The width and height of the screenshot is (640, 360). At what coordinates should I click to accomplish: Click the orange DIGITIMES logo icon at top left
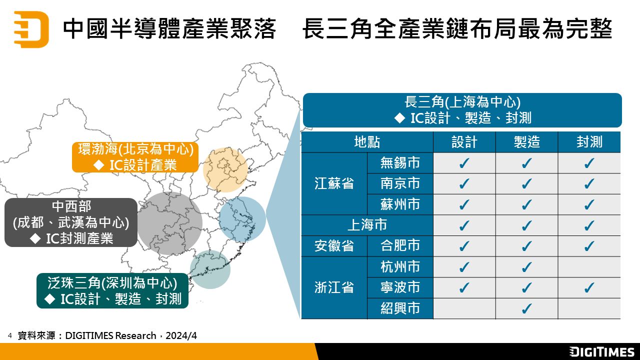pyautogui.click(x=31, y=29)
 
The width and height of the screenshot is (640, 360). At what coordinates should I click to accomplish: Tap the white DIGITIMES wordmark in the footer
pyautogui.click(x=601, y=351)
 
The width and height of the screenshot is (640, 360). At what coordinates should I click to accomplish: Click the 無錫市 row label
pyautogui.click(x=400, y=163)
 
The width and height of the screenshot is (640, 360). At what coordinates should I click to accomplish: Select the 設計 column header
pyautogui.click(x=464, y=142)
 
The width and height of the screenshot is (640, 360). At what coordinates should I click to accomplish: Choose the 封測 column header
pyautogui.click(x=589, y=142)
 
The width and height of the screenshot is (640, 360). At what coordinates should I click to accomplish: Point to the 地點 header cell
pyautogui.click(x=367, y=142)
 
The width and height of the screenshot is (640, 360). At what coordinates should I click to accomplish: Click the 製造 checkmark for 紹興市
pyautogui.click(x=526, y=308)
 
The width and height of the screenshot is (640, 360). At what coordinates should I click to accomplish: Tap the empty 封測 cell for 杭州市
pyautogui.click(x=589, y=267)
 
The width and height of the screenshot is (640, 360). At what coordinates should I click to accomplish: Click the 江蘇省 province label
pyautogui.click(x=334, y=183)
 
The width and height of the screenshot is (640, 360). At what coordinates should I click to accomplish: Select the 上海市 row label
pyautogui.click(x=367, y=225)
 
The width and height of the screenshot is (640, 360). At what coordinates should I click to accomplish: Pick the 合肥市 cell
pyautogui.click(x=400, y=245)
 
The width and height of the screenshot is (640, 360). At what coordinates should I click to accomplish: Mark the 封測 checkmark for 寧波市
pyautogui.click(x=589, y=287)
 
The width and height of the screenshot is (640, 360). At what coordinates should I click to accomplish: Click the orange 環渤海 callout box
pyautogui.click(x=135, y=157)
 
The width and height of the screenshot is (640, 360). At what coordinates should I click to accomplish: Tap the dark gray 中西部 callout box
pyautogui.click(x=71, y=222)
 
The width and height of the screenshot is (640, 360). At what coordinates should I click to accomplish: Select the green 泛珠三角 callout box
pyautogui.click(x=112, y=291)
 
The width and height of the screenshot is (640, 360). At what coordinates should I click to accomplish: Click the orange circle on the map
pyautogui.click(x=225, y=169)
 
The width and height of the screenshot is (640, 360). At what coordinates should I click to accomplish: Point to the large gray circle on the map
pyautogui.click(x=170, y=223)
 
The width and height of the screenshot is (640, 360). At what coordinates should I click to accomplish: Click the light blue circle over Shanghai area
pyautogui.click(x=242, y=219)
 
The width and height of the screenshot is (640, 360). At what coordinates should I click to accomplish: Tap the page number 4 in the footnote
pyautogui.click(x=10, y=335)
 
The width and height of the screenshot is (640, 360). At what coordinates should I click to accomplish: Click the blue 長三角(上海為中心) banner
pyautogui.click(x=462, y=110)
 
